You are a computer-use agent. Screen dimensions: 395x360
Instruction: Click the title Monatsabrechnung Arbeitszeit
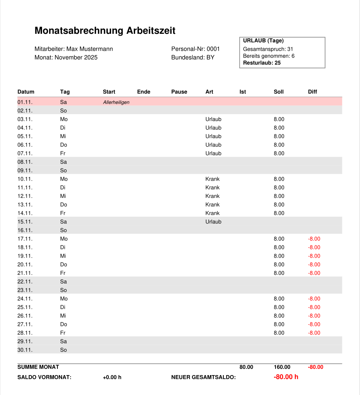[x=105, y=31]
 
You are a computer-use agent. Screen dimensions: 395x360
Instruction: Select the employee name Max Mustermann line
[x=74, y=49]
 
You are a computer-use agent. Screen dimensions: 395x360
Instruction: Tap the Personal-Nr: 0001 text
[x=195, y=49]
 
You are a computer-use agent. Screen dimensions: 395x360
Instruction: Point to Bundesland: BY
[x=193, y=57]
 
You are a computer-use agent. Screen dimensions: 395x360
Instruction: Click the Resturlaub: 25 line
[x=262, y=63]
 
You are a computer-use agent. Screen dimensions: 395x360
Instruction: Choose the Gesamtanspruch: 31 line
[x=268, y=49]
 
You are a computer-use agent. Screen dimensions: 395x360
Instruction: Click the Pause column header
[x=179, y=92]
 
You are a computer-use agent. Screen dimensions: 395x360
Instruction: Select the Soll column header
[x=279, y=92]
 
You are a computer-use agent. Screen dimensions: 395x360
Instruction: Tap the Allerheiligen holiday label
[x=116, y=102]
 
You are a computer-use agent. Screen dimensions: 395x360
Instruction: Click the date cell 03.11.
[x=25, y=119]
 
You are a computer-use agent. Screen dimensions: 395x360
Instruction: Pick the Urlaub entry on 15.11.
[x=213, y=222]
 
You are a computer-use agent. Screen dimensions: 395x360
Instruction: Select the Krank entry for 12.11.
[x=212, y=196]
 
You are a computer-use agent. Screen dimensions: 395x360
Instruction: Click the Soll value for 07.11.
[x=279, y=153]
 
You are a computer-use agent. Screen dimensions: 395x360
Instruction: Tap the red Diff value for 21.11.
[x=314, y=273]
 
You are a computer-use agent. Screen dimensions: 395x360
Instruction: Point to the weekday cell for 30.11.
[x=63, y=350]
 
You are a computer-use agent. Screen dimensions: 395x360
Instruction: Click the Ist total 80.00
[x=246, y=367]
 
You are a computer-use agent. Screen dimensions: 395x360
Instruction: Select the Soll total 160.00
[x=282, y=367]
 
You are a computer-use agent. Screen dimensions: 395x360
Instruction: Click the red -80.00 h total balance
[x=286, y=377]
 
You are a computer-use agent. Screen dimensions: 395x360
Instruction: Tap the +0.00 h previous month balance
[x=112, y=377]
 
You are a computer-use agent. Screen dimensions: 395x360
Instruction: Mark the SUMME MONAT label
[x=38, y=367]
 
